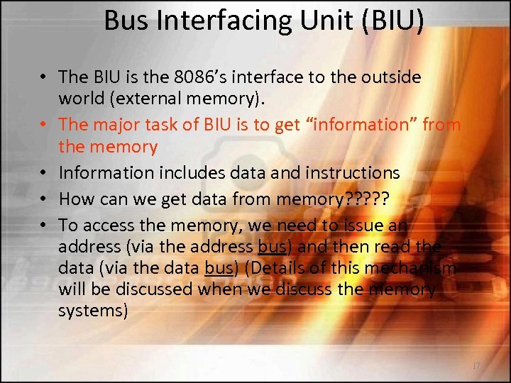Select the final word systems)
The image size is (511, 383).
[x=93, y=311]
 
